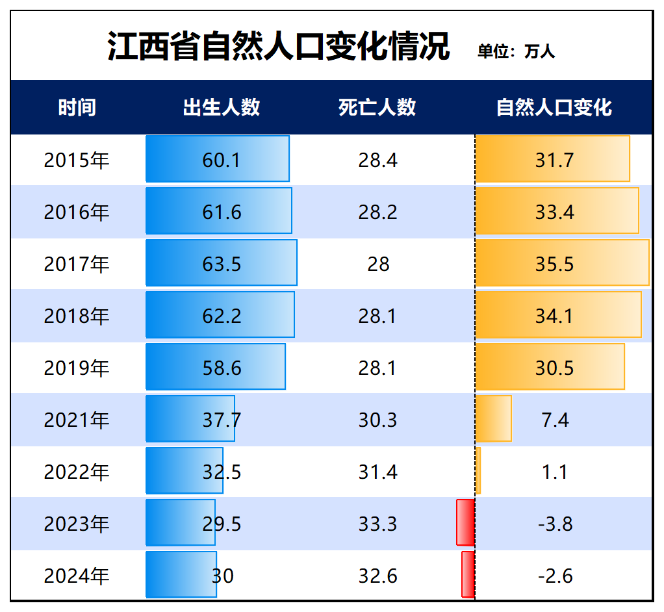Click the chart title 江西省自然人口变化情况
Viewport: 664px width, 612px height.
(278, 47)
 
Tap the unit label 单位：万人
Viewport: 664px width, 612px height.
(517, 51)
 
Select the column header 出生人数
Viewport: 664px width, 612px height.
(222, 107)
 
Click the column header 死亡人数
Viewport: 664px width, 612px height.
(377, 107)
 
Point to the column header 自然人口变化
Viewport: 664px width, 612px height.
(554, 107)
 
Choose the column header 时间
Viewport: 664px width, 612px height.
(77, 107)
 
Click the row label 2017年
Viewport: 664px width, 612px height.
(77, 264)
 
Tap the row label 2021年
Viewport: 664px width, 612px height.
(77, 420)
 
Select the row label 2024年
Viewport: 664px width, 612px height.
(77, 576)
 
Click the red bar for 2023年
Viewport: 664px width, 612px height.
(465, 522)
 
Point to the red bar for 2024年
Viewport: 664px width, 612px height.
(468, 574)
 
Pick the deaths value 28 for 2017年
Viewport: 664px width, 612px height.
(378, 264)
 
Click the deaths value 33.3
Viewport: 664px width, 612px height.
(377, 524)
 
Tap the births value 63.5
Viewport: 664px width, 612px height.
(222, 264)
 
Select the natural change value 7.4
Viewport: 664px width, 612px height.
(555, 420)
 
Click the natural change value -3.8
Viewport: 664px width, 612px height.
(555, 524)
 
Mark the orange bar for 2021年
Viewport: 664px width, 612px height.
(493, 418)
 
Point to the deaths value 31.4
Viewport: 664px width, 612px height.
(377, 472)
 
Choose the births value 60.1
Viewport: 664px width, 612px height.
(222, 160)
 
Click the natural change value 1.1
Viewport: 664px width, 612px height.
(555, 472)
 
